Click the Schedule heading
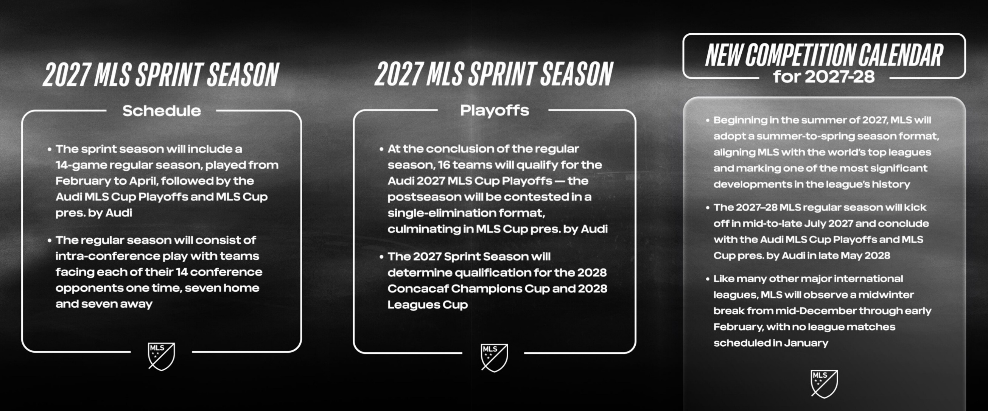(162, 111)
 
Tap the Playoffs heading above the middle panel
(495, 111)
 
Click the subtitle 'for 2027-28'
(824, 77)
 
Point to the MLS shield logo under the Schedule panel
(162, 357)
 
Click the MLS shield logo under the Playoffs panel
(495, 358)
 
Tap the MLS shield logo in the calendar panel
(824, 384)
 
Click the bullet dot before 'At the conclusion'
(381, 149)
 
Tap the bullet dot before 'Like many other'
(708, 279)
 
